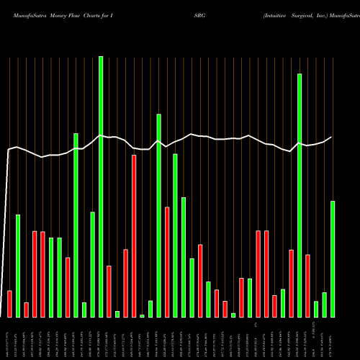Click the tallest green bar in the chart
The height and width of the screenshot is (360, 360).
[x=101, y=187]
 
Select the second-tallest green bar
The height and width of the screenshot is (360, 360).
[x=300, y=194]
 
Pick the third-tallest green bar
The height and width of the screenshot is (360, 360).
[x=158, y=216]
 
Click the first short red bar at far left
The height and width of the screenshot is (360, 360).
[x=9, y=304]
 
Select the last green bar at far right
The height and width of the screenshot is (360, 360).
[x=333, y=259]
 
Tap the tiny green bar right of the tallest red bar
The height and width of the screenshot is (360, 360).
[x=142, y=315]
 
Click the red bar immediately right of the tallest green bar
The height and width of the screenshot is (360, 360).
[x=109, y=292]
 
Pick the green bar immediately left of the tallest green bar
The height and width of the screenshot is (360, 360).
[x=92, y=264]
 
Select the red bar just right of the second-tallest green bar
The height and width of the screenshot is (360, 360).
[x=307, y=286]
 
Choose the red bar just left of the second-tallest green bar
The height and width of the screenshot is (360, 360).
[x=291, y=284]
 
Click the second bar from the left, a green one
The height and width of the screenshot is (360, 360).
[x=18, y=266]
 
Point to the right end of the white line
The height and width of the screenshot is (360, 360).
[x=331, y=137]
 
